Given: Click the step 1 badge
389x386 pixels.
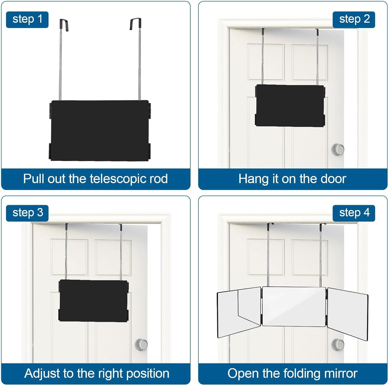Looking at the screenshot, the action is pos(27,19).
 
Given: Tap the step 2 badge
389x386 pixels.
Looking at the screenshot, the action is pos(354,19).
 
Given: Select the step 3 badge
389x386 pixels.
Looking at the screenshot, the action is pos(27,213).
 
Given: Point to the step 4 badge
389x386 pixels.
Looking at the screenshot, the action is pos(354,213).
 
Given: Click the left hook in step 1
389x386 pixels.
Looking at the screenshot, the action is pos(64,25).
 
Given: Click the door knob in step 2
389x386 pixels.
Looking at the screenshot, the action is pos(338,149).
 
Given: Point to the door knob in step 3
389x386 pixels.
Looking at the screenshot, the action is pos(141,345).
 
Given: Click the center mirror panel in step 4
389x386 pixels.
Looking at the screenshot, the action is pos(294,306).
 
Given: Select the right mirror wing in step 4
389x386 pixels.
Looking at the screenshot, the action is pos(348,314).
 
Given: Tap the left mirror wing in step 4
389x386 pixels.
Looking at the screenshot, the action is pos(239,312).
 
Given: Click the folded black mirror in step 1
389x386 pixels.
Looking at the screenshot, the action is pos(100,130).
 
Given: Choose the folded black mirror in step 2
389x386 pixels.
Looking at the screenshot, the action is pos(290,105).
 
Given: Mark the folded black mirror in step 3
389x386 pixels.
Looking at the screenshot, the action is pos(94,301).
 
